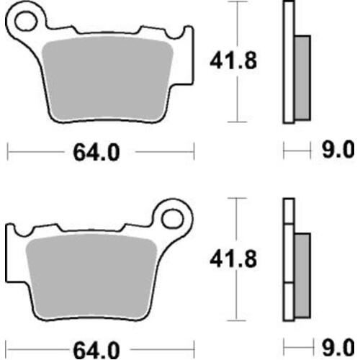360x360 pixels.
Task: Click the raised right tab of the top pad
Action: tap(186, 36)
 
